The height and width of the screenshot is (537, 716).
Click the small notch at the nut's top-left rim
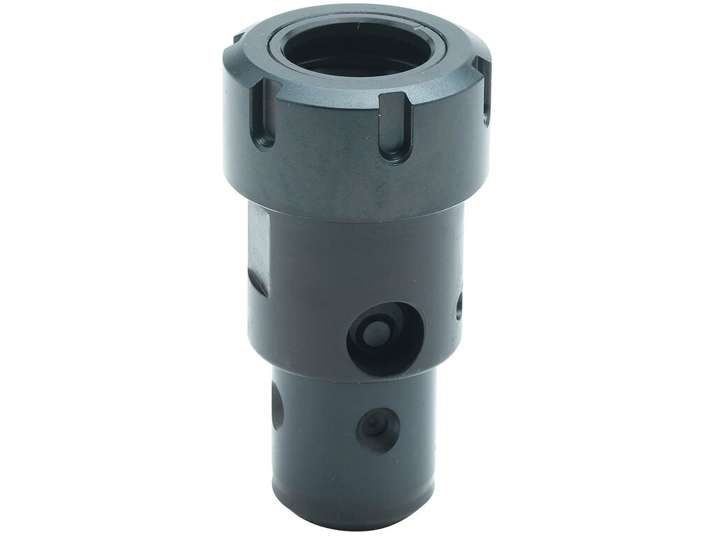tap(238, 38)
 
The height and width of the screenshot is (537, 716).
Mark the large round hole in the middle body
tap(385, 339)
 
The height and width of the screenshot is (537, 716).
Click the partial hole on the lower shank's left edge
tap(278, 406)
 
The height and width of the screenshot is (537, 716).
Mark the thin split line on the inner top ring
tap(420, 29)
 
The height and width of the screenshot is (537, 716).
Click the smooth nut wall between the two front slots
tap(329, 140)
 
